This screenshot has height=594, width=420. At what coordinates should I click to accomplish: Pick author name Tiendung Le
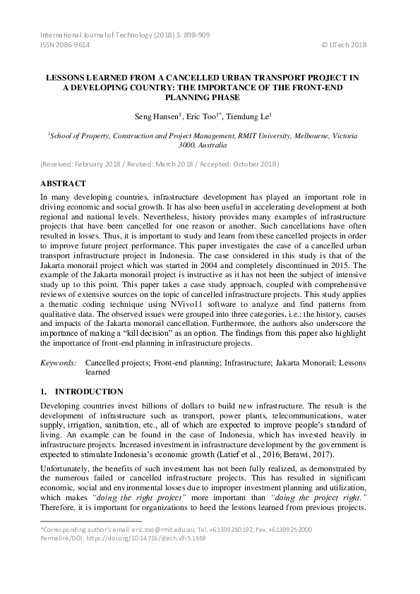[x=251, y=116]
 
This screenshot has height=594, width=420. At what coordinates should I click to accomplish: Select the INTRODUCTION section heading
[x=89, y=392]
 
